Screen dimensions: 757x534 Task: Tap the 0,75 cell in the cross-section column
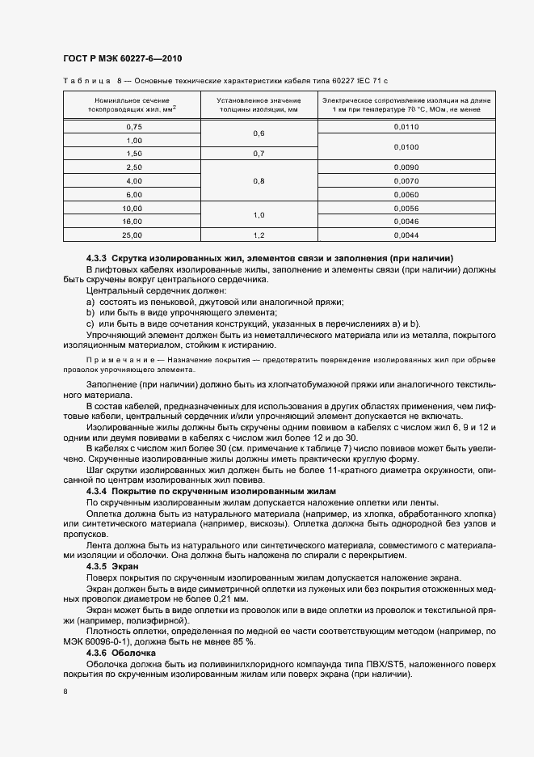[x=134, y=127]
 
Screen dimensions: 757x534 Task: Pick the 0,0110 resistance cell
[x=406, y=127]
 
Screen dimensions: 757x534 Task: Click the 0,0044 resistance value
[x=406, y=235]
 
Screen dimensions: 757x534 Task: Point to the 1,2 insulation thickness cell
[x=259, y=235]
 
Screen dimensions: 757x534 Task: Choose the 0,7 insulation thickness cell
[x=259, y=154]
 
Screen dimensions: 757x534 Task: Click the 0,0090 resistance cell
[x=406, y=167]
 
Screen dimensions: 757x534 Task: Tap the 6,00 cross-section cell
[x=134, y=195]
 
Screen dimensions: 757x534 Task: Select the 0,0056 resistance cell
[x=406, y=209]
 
